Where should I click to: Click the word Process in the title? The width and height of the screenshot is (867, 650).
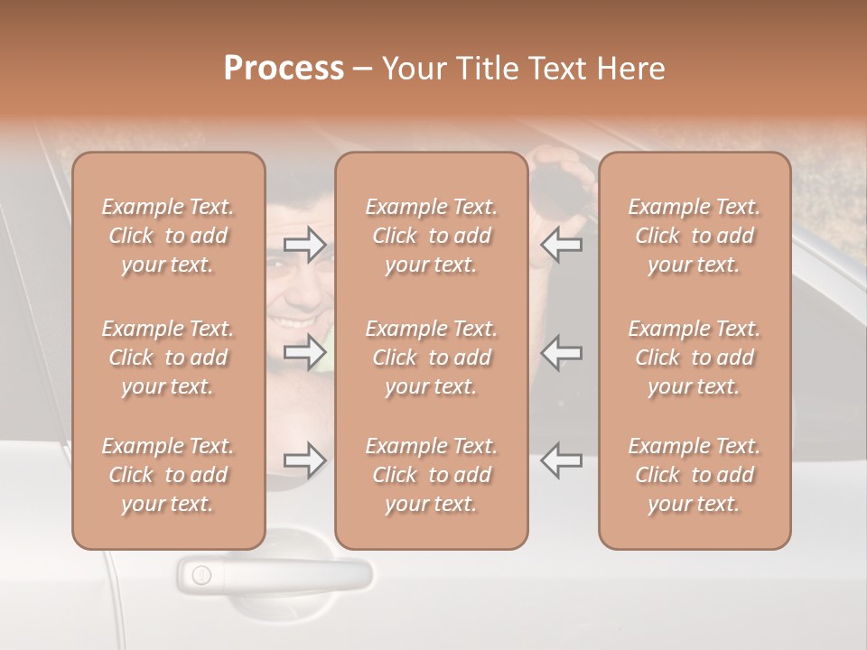click(x=284, y=69)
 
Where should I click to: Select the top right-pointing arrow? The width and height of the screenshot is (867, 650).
click(x=304, y=244)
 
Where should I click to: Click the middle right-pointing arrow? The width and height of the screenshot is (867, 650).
click(x=304, y=352)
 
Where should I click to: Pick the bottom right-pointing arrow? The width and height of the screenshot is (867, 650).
click(x=304, y=460)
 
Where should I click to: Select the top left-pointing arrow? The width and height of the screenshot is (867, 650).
click(x=561, y=244)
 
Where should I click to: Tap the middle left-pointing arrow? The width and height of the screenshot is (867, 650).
click(x=561, y=352)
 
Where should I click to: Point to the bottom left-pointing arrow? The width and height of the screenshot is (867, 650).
click(x=561, y=460)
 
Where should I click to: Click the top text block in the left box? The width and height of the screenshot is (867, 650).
click(x=168, y=236)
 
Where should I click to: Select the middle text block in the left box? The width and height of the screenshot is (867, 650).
click(x=168, y=357)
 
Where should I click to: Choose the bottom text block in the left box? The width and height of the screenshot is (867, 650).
click(x=168, y=475)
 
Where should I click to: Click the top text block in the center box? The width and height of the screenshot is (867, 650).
click(x=431, y=236)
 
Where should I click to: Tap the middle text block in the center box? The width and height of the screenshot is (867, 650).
click(x=431, y=357)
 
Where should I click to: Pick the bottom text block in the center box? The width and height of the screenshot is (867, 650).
click(x=431, y=475)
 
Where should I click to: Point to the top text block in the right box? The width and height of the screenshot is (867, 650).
click(x=694, y=236)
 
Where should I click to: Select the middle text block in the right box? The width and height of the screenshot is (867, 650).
click(x=694, y=357)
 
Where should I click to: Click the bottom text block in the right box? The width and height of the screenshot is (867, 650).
click(x=694, y=475)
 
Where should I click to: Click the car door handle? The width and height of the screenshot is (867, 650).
click(x=289, y=574)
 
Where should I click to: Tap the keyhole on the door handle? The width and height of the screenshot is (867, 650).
click(x=201, y=574)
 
